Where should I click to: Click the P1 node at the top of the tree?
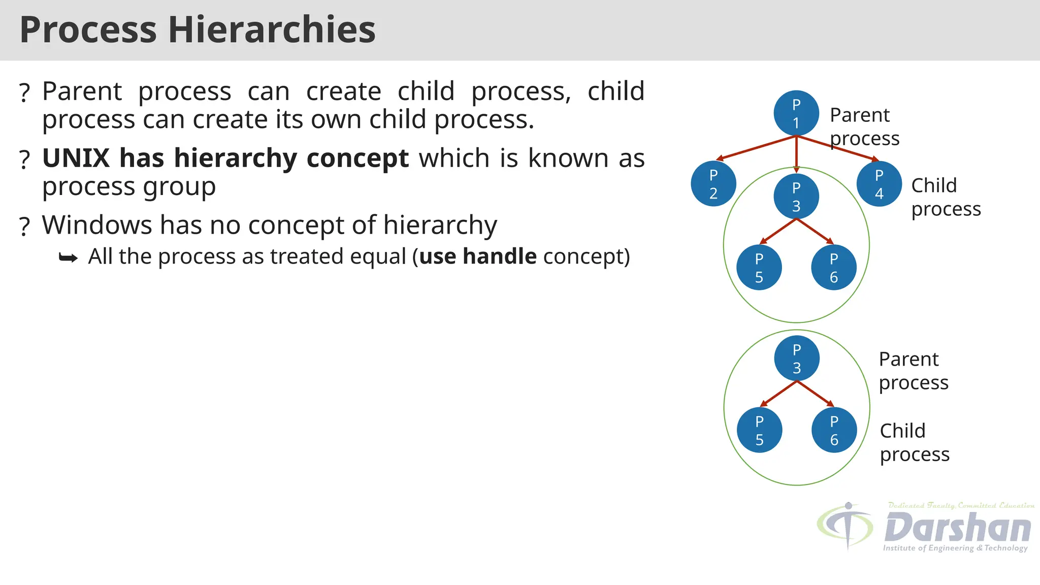tap(796, 113)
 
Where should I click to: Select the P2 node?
tap(713, 184)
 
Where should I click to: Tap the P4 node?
tap(879, 184)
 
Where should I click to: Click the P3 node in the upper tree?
tap(796, 197)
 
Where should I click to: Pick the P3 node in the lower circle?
tap(796, 359)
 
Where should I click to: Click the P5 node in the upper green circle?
tap(759, 268)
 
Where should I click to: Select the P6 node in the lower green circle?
tap(834, 430)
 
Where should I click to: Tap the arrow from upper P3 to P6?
tap(815, 232)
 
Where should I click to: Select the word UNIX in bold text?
tap(76, 158)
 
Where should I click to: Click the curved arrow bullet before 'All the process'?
tap(68, 258)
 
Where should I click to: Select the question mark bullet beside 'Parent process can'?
tap(24, 93)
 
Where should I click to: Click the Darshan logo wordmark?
tap(957, 528)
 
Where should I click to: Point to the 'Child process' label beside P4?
tap(945, 197)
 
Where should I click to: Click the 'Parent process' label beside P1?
tap(864, 126)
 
